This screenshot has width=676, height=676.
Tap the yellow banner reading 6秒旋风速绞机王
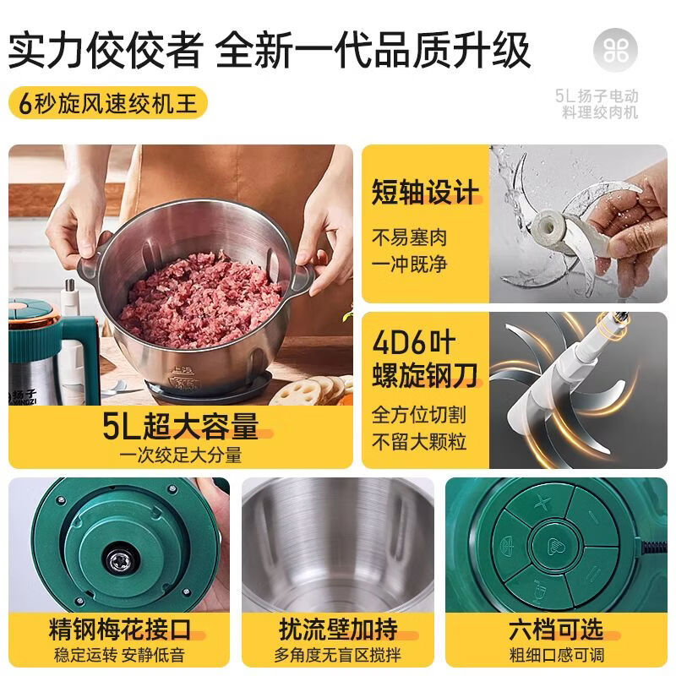[108, 105]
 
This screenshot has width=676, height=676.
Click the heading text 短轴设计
[425, 192]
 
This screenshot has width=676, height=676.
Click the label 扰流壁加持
[338, 630]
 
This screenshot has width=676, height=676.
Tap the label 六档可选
[556, 630]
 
